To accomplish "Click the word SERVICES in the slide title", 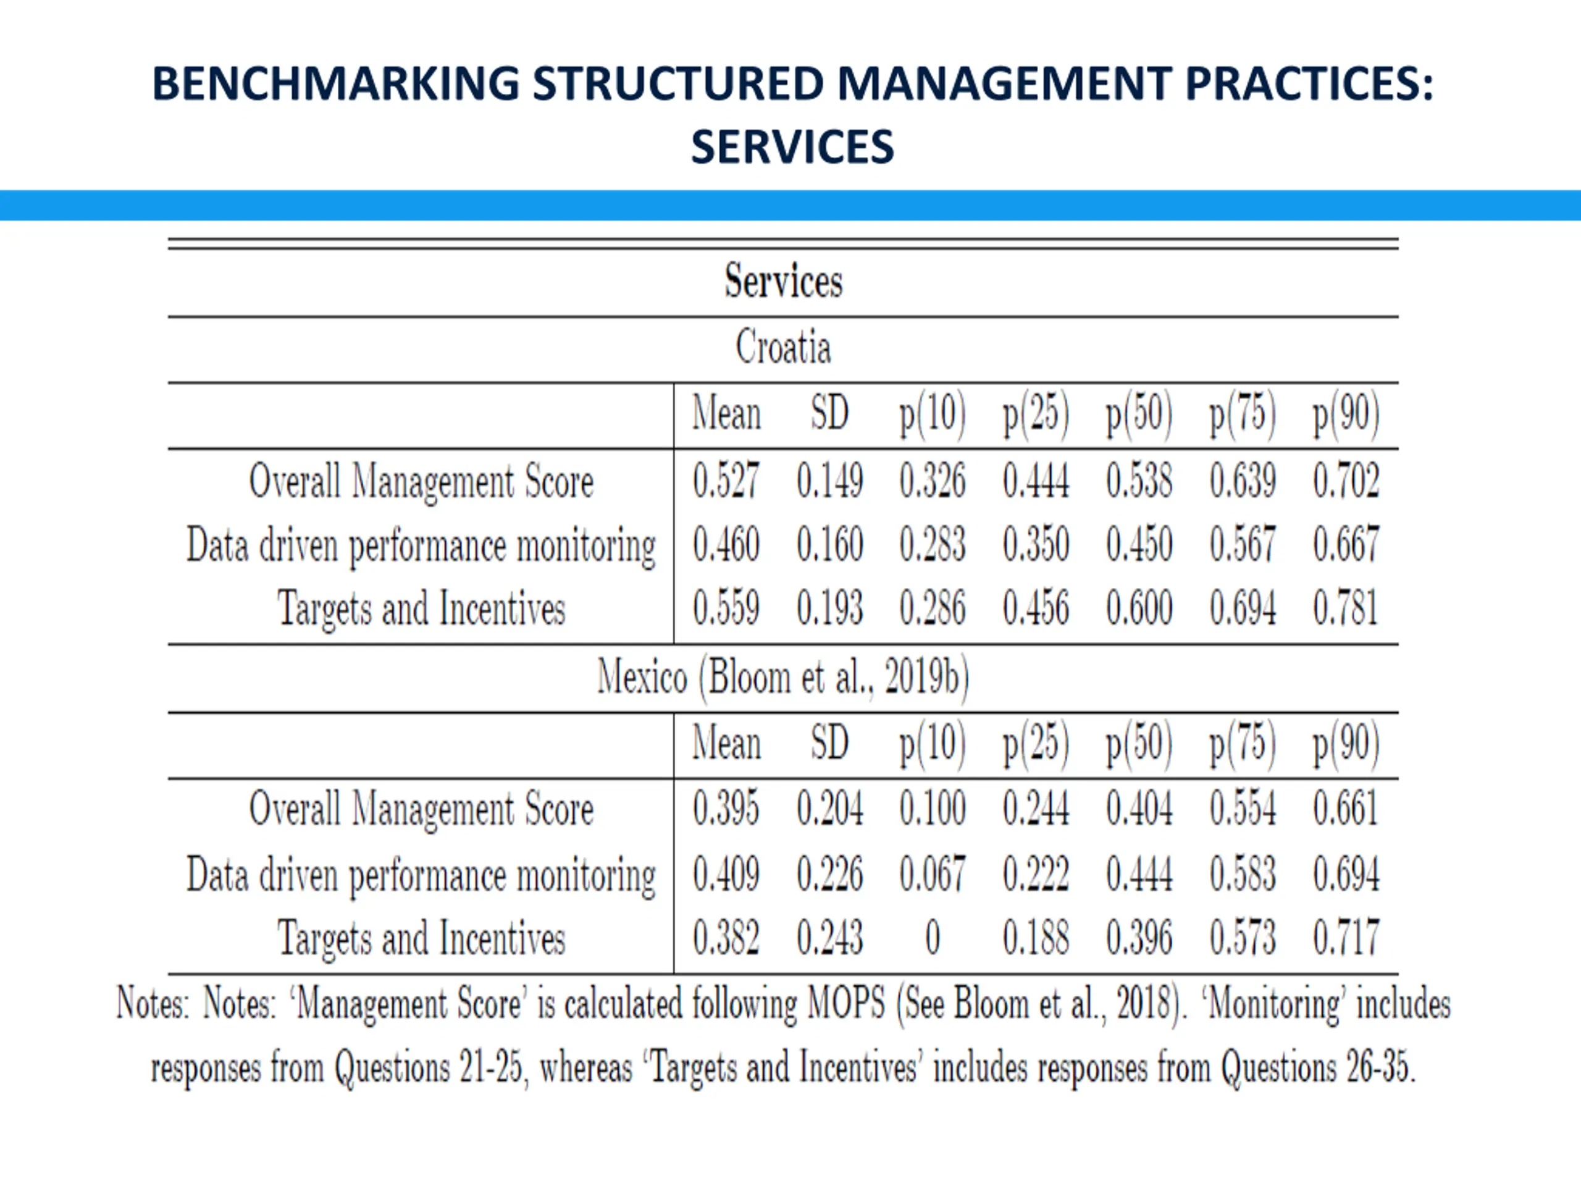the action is point(792,147).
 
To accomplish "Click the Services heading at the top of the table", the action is point(783,280).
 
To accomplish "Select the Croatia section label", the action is point(783,347).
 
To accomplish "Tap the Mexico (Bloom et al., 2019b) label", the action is point(783,677).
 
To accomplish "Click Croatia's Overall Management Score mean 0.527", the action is point(726,480).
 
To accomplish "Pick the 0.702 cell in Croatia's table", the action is point(1346,480).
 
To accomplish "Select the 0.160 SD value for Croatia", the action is point(830,544).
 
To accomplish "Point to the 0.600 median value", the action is point(1139,608).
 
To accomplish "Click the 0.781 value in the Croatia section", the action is point(1346,608).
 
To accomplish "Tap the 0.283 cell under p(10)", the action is point(933,544).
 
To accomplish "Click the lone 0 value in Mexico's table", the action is point(933,937).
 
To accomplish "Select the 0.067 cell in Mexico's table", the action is point(933,873).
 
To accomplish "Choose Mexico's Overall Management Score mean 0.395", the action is point(726,808).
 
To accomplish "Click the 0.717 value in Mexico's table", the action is point(1346,937).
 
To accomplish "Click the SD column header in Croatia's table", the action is point(830,413).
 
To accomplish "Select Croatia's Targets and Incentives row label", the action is point(421,609).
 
